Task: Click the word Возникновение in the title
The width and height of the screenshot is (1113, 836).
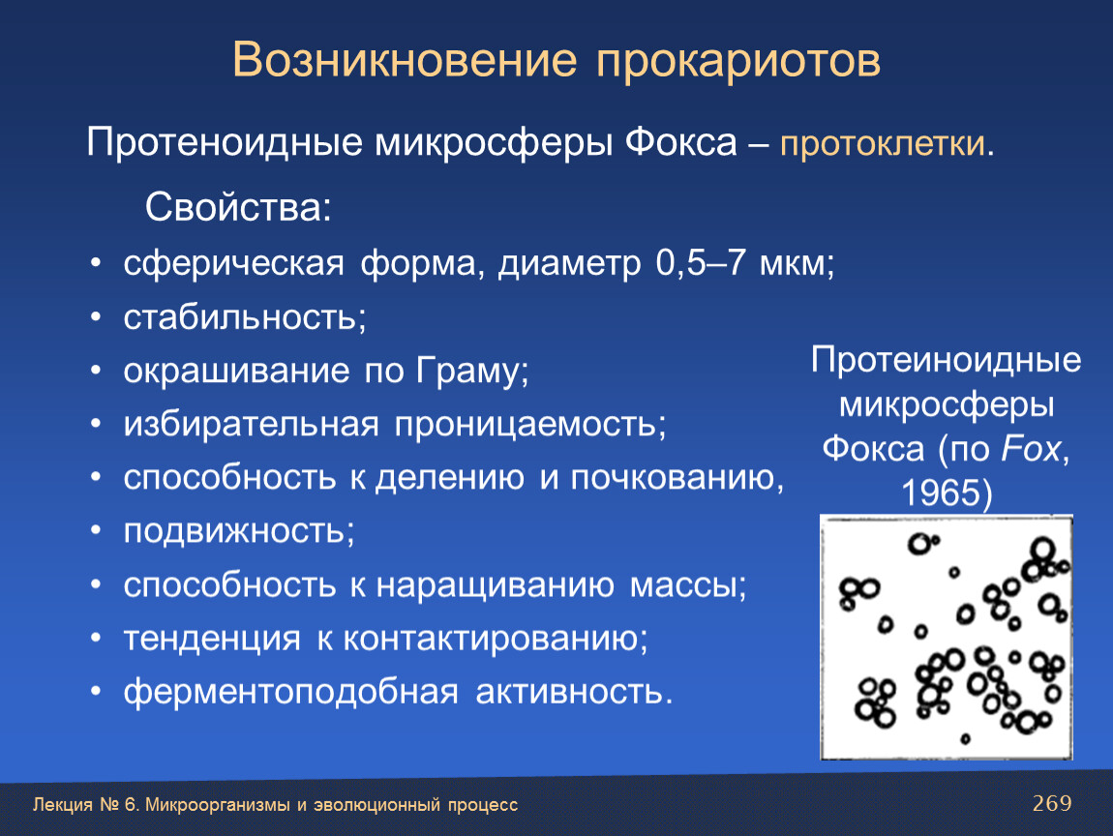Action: coord(405,60)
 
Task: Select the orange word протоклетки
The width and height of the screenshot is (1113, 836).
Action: coord(883,144)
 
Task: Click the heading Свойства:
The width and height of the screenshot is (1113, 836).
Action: coord(238,207)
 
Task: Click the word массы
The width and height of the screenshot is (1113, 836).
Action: coord(684,585)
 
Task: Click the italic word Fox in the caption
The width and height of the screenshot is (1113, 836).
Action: coord(1031,449)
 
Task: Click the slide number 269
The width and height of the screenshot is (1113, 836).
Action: coord(1052,803)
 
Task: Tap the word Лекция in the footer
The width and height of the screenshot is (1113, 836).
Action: coord(63,805)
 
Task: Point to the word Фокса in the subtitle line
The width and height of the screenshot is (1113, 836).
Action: coord(681,142)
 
